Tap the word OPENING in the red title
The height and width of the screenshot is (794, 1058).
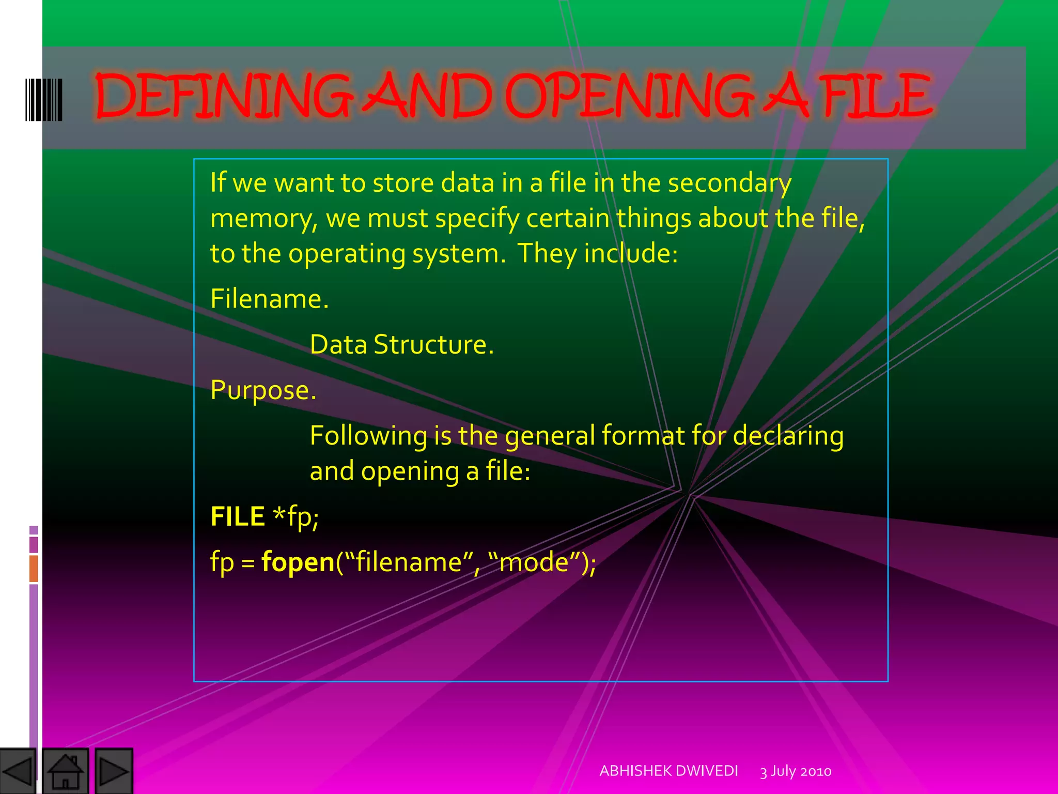click(628, 96)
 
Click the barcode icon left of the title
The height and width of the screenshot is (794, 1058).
click(44, 100)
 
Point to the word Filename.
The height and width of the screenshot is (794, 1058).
click(269, 299)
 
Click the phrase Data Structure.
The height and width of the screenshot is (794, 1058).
click(401, 344)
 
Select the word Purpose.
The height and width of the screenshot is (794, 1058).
click(263, 390)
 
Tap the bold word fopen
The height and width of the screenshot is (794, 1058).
click(298, 562)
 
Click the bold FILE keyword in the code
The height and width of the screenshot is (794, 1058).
click(238, 516)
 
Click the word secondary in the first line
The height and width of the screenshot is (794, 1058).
click(729, 184)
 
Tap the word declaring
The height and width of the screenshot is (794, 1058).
click(788, 436)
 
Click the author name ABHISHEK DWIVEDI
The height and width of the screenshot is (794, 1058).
click(668, 771)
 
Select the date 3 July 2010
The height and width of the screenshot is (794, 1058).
click(796, 771)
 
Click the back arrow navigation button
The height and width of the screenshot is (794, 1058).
click(18, 771)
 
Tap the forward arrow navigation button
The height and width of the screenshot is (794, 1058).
click(114, 771)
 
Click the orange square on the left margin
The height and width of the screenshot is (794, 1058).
click(34, 568)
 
